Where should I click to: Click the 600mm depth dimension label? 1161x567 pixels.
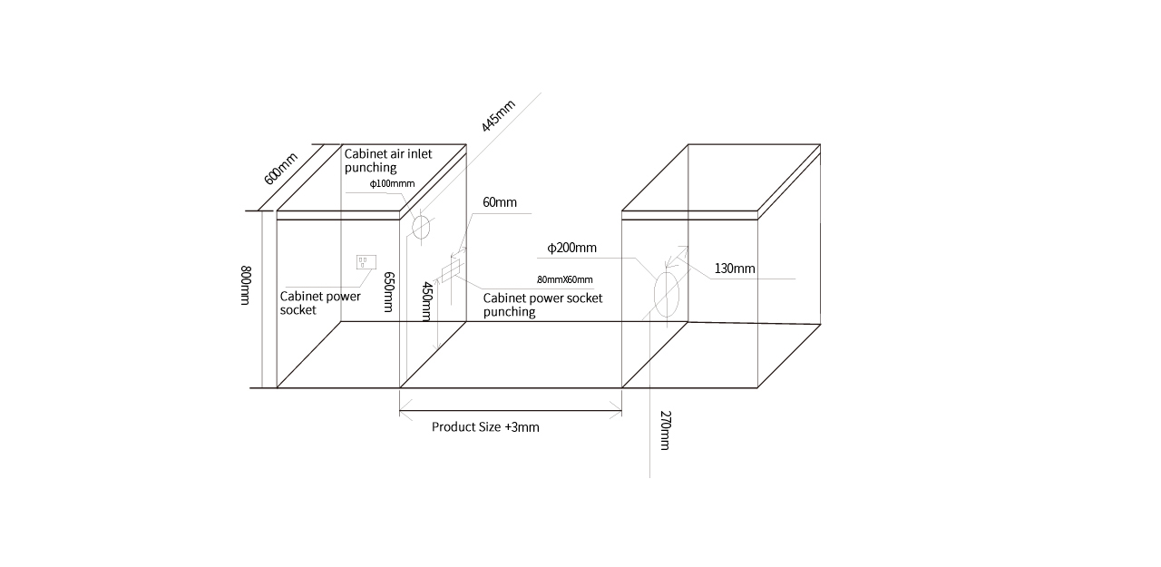[280, 169]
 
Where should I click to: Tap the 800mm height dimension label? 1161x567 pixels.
[246, 285]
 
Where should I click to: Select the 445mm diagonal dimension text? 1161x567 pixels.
[498, 115]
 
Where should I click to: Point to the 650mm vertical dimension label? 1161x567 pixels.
[389, 292]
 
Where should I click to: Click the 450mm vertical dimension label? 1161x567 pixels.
[427, 301]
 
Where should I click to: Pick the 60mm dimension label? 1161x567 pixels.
[500, 202]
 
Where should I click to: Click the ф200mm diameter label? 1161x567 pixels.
[571, 248]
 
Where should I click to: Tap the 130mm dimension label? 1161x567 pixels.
[735, 269]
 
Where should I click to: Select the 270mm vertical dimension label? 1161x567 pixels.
[666, 430]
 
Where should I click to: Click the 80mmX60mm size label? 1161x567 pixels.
[565, 280]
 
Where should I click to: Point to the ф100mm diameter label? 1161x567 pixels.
[392, 183]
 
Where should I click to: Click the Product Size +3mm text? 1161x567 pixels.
[485, 427]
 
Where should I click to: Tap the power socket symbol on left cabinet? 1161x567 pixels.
[366, 262]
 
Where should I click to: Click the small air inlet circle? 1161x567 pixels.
[421, 227]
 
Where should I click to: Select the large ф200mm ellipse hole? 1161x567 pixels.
[667, 294]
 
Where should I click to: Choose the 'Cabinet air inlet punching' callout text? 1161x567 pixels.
[388, 161]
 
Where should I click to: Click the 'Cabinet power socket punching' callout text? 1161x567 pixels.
[542, 305]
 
